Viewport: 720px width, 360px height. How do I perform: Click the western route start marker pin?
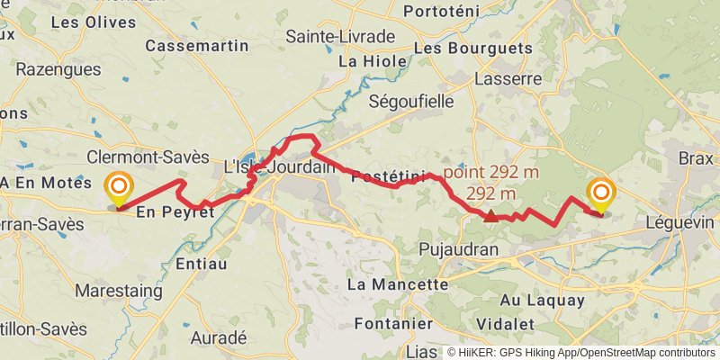(x=118, y=189)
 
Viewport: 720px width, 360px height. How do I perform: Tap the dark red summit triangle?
(x=490, y=216)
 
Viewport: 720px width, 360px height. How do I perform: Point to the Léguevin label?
(x=679, y=221)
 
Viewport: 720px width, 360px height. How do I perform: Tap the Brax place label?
(x=696, y=157)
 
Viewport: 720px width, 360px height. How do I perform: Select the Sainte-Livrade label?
(x=340, y=36)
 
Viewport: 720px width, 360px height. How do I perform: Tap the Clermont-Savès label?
(x=148, y=157)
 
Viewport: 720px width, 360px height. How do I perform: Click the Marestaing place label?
(x=119, y=291)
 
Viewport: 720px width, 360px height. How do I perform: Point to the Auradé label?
(x=220, y=337)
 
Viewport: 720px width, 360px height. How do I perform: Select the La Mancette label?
(x=397, y=284)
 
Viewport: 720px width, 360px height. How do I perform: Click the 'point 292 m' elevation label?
(x=489, y=171)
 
